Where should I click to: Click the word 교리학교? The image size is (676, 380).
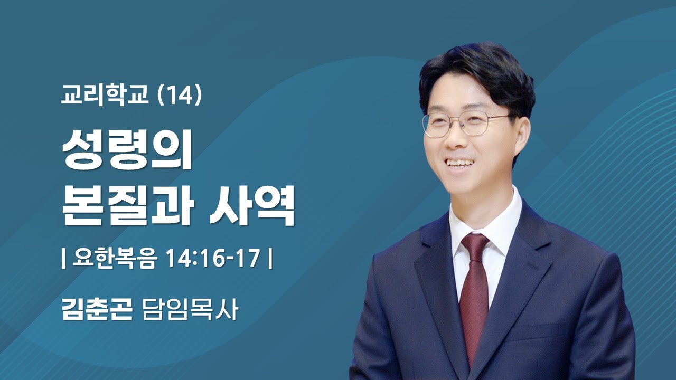pyautogui.click(x=105, y=97)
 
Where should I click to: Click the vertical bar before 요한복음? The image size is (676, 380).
pyautogui.click(x=64, y=260)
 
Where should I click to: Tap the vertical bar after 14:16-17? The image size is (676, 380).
pyautogui.click(x=270, y=260)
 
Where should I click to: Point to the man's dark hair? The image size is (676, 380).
pyautogui.click(x=475, y=74)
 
